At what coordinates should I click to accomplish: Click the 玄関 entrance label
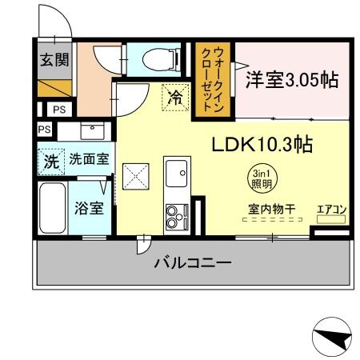(x=54, y=58)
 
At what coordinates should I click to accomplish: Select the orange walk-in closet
(x=214, y=80)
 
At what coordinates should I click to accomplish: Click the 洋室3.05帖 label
(x=291, y=80)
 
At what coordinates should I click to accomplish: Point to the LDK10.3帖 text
(x=261, y=145)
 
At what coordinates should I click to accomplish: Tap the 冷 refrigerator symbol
(x=175, y=98)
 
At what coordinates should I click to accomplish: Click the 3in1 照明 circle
(x=260, y=178)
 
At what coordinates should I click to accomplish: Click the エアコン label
(x=331, y=210)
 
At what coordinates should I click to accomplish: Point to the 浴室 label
(x=88, y=209)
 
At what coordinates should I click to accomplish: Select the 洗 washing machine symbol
(x=51, y=159)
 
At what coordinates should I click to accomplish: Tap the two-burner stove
(x=175, y=214)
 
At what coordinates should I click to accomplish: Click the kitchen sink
(x=176, y=170)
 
